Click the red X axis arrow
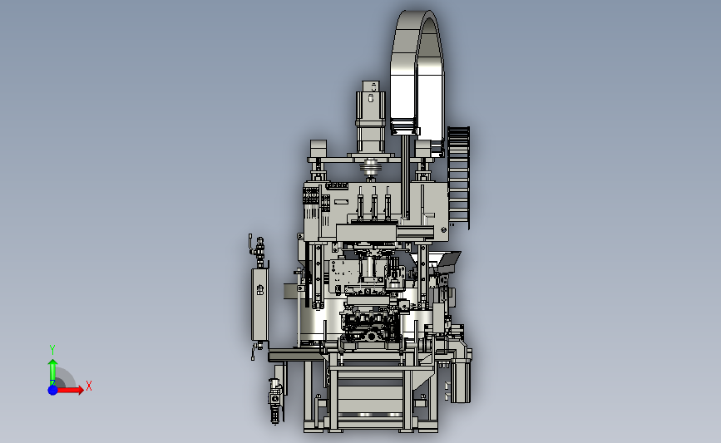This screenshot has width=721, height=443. [69, 390]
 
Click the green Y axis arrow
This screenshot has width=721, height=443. [53, 372]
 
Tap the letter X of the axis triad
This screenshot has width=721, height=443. [89, 386]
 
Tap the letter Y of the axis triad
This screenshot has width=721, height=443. [52, 350]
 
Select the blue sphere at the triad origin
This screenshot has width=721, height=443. [53, 390]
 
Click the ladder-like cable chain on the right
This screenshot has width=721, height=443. [458, 177]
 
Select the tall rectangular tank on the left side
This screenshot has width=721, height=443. [259, 304]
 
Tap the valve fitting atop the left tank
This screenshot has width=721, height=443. [259, 250]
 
